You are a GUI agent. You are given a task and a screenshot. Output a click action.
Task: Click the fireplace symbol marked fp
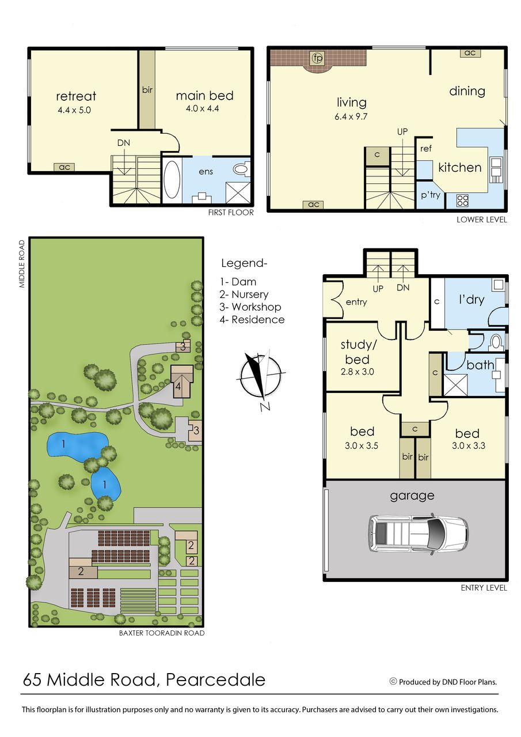coord(318,58)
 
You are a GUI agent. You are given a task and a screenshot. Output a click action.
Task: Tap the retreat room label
coord(76,96)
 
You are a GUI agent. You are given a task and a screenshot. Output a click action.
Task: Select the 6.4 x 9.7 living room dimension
coord(351,116)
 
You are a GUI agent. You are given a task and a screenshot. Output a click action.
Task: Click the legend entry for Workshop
coord(250,307)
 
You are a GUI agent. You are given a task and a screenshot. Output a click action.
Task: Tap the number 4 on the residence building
coord(178,386)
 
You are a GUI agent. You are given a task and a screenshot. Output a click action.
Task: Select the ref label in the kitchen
coord(425,149)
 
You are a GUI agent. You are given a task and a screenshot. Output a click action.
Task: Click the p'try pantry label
coord(430,195)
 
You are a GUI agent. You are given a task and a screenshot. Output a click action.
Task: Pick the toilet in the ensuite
coord(242,169)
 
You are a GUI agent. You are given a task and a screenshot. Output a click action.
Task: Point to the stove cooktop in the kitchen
coord(462,201)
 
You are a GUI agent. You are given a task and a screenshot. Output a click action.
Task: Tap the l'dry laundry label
coord(471,300)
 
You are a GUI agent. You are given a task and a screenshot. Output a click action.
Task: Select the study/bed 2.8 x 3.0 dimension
coord(358,372)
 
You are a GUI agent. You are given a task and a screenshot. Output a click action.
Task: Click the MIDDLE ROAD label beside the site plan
coord(22,264)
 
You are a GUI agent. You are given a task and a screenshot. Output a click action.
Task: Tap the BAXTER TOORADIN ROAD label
coord(162,633)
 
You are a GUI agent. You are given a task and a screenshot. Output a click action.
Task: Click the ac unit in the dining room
coord(470,52)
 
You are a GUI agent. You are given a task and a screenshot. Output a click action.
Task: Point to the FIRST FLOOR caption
coord(231,213)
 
